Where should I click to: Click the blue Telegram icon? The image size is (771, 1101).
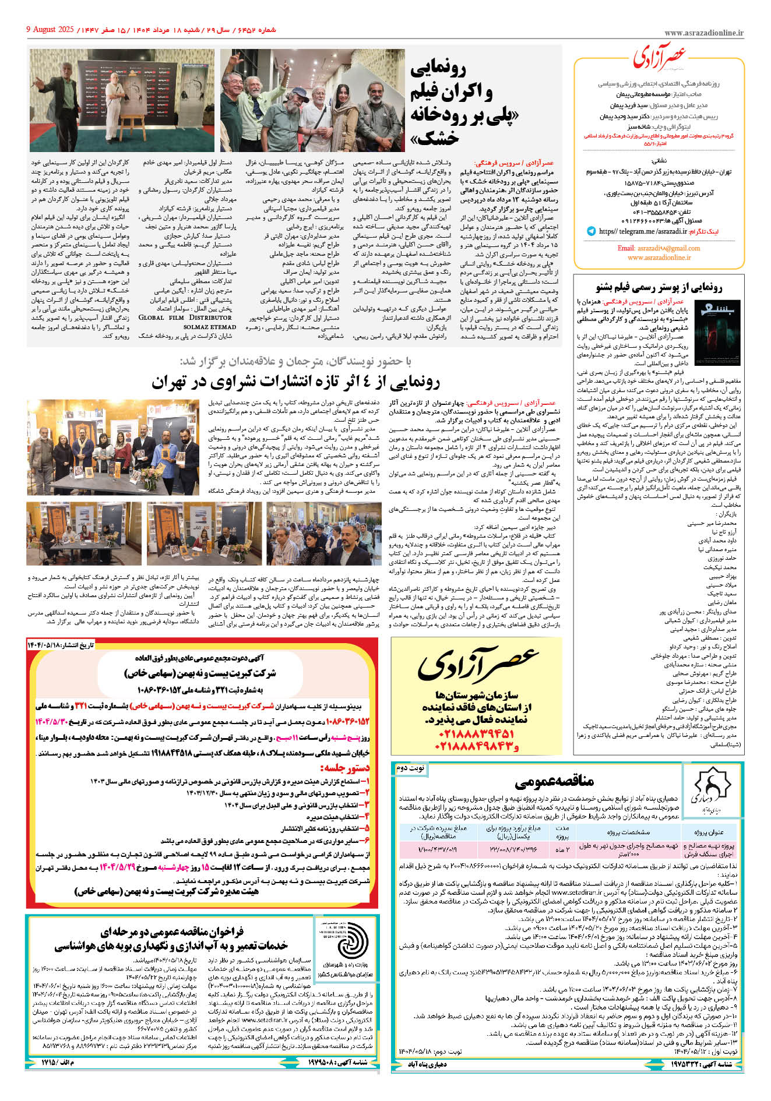point(592,231)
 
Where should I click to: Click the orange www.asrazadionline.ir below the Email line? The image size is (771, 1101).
point(659,257)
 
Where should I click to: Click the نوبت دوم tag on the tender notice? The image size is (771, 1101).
point(411,768)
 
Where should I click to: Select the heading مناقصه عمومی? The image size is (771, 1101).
point(554,781)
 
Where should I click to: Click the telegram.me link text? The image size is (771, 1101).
point(642,231)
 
